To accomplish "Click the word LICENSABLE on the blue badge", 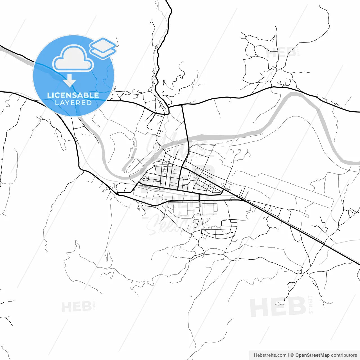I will click(x=73, y=95).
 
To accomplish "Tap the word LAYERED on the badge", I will click(x=73, y=103).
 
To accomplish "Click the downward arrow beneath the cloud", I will click(x=69, y=81).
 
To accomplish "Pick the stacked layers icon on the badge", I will click(x=103, y=48).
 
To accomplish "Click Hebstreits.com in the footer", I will click(x=270, y=355).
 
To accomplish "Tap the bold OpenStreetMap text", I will click(x=312, y=355).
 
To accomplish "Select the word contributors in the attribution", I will click(x=344, y=355).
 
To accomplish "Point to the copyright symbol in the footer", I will click(x=292, y=355).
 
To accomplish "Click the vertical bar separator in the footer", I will click(x=289, y=355).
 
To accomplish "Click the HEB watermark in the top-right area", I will click(x=281, y=53).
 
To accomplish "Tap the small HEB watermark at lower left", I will click(x=76, y=307).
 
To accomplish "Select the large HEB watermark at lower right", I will click(x=278, y=307).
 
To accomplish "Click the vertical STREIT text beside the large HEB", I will click(x=310, y=304).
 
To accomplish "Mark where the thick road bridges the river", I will click(x=187, y=138).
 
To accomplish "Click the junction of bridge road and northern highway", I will click(x=182, y=105).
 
